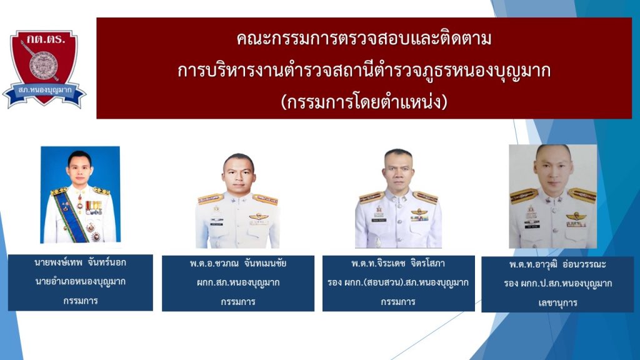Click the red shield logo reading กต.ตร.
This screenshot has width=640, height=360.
(x=44, y=67)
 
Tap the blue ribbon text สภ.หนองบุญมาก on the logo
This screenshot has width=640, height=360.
(x=45, y=90)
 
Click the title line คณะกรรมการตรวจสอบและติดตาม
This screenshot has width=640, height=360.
(x=364, y=39)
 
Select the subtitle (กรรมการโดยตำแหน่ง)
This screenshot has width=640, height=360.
(x=364, y=102)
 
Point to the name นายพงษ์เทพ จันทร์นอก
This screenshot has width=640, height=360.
(x=81, y=262)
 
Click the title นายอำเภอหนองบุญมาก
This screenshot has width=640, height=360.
(x=81, y=282)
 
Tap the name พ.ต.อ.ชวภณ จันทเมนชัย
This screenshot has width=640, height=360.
(x=238, y=263)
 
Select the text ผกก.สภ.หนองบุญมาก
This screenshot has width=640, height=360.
(x=238, y=282)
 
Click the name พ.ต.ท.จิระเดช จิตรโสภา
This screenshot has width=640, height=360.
(x=398, y=263)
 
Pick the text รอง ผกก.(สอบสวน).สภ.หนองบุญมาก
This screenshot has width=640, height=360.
(x=398, y=282)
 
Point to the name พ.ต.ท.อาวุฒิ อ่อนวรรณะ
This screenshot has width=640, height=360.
(x=557, y=264)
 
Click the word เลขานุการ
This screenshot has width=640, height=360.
(x=557, y=303)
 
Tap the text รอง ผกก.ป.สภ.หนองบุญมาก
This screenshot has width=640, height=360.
(x=557, y=284)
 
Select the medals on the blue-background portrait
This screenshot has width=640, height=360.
(x=93, y=207)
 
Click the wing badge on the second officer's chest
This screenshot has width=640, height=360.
(x=258, y=216)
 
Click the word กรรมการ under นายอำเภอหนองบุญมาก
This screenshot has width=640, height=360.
(x=81, y=301)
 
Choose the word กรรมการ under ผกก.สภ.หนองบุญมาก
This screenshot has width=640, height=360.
(x=238, y=302)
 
